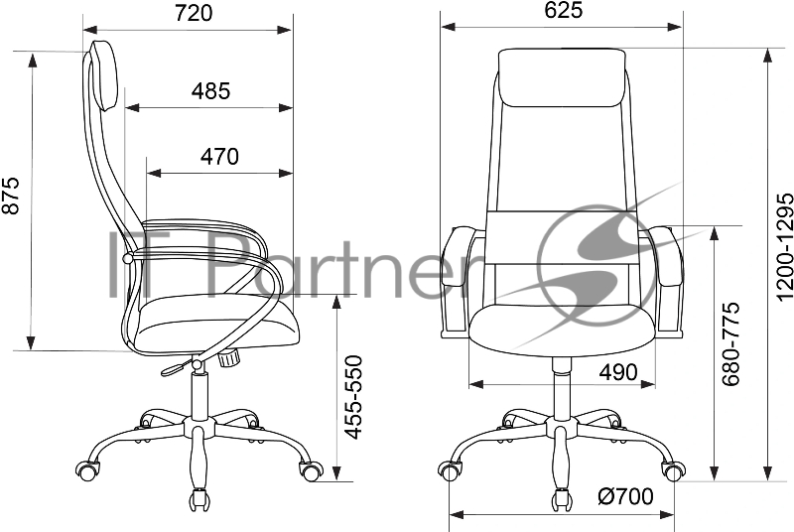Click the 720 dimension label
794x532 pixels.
click(194, 14)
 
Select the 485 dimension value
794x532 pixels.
click(210, 91)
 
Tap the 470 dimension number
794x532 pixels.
click(219, 157)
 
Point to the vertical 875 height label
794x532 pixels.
click(11, 196)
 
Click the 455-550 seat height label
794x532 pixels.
click(353, 397)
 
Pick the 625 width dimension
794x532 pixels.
click(564, 10)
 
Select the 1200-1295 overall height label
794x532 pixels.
click(784, 246)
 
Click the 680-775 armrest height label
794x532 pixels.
click(730, 344)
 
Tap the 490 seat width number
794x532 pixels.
click(618, 373)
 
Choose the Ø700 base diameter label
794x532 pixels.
click(626, 496)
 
